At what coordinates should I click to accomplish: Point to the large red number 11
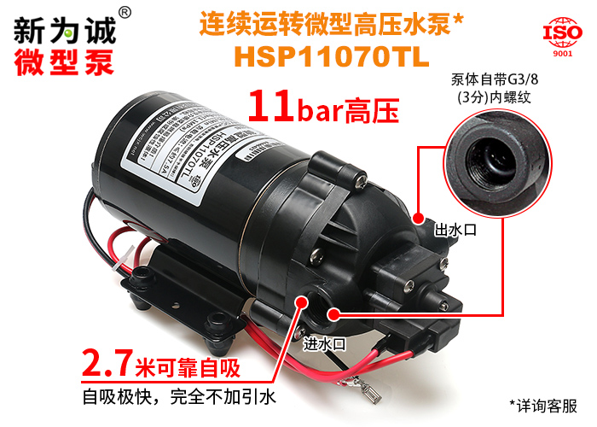pyautogui.click(x=271, y=105)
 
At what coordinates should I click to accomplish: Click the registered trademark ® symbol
pyautogui.click(x=125, y=12)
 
